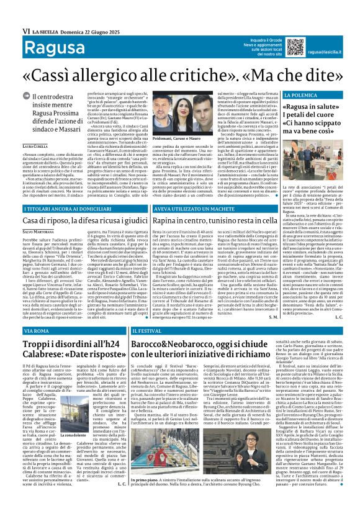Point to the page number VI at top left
click(8, 13)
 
